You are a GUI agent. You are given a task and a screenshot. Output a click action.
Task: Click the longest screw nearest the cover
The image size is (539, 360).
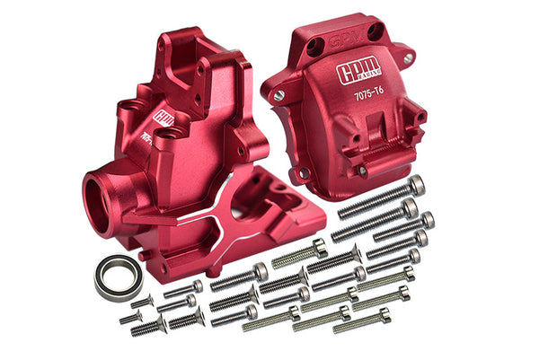coord(377,198)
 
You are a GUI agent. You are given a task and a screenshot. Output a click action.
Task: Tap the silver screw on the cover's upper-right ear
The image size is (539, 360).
coord(409,58)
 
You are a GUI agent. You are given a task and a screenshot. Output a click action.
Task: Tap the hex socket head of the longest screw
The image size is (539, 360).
coord(415,185)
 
